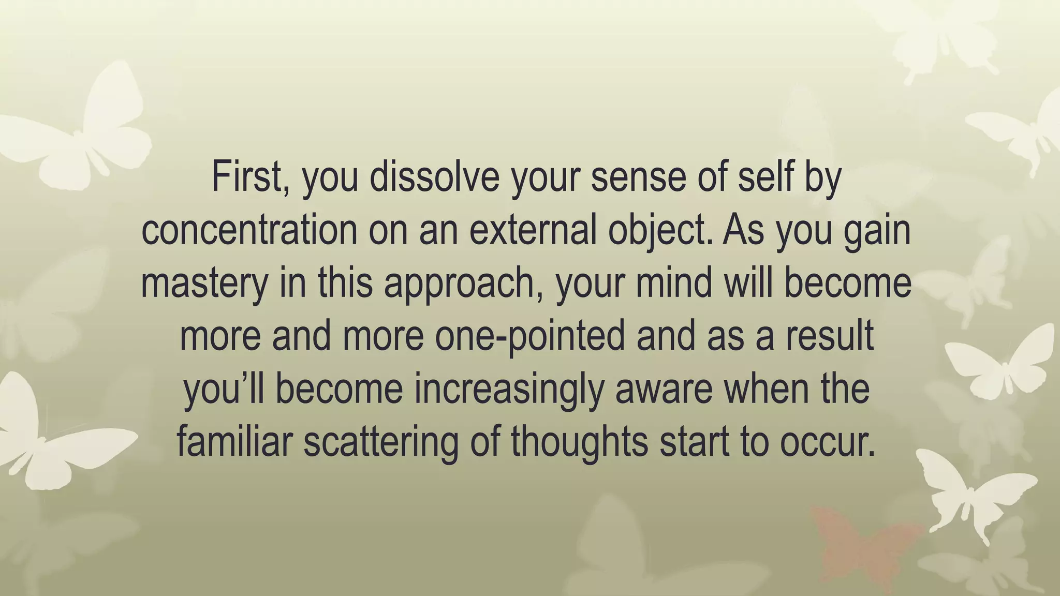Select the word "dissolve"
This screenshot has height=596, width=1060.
434,177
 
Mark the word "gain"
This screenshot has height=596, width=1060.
877,230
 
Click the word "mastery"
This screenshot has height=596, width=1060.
204,284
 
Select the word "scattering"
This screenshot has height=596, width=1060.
380,443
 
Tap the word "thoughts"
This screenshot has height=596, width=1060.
579,443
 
